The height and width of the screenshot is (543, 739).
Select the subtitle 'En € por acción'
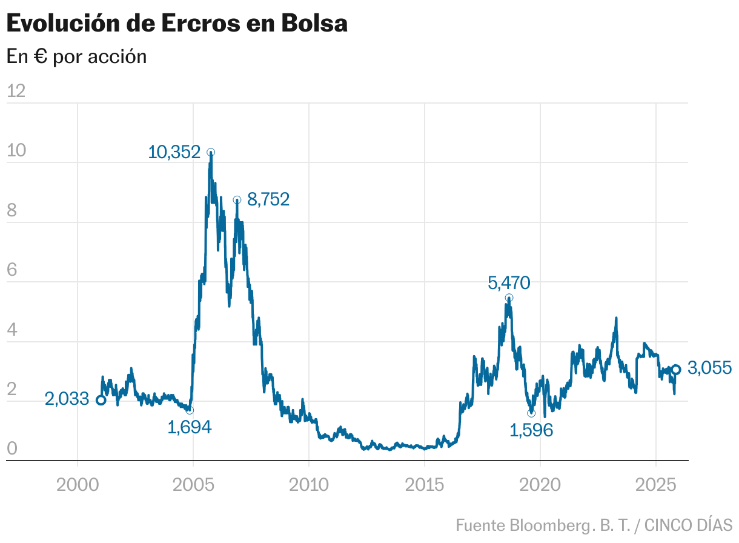[76, 56]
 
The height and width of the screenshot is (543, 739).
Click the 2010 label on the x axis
[309, 485]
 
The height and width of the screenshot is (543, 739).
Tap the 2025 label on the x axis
[656, 485]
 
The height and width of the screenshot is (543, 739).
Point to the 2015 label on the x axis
[425, 485]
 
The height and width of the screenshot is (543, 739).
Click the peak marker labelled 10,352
[211, 152]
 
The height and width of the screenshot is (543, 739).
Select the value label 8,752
[268, 199]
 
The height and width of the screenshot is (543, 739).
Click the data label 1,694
[189, 428]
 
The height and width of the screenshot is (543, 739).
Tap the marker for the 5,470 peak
[509, 298]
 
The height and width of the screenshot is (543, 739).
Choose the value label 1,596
[531, 430]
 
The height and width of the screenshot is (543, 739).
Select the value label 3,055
[710, 368]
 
